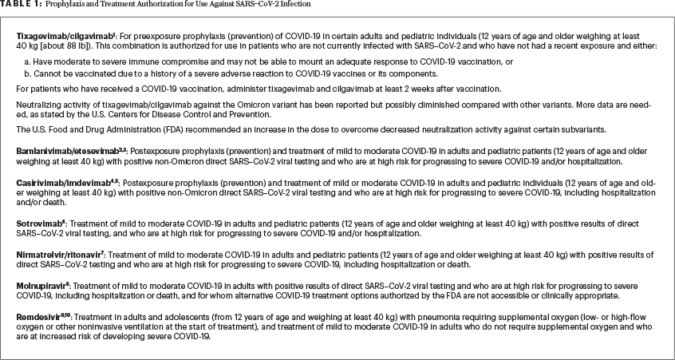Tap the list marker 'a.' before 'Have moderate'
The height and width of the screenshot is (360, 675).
tap(28, 61)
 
